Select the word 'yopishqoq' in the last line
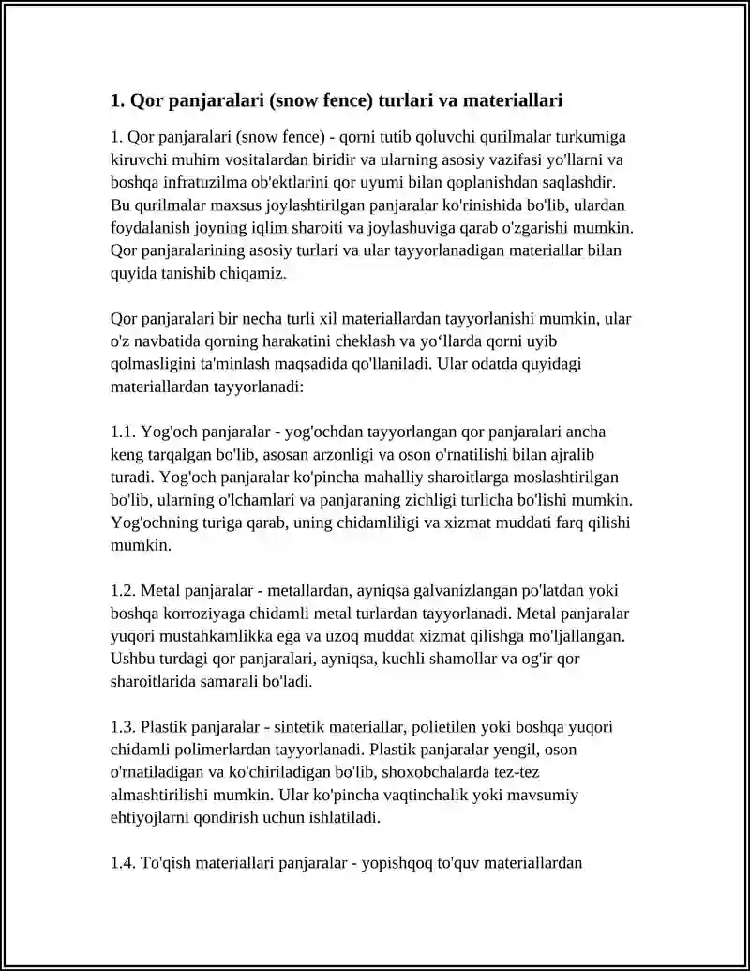coord(394,863)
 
